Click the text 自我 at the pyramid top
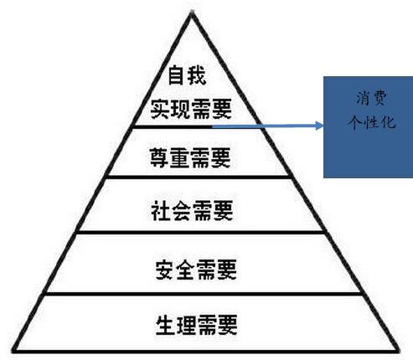tap(187, 75)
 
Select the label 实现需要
tap(191, 109)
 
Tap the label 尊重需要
tap(190, 157)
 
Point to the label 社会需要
tap(192, 210)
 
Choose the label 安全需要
tap(196, 270)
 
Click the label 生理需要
tap(197, 325)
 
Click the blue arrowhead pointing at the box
tap(319, 126)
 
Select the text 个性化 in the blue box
tap(372, 122)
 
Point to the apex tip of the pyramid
tap(192, 12)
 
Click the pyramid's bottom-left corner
tap(13, 350)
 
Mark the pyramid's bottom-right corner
tap(398, 350)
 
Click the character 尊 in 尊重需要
tap(159, 157)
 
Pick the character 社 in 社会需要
tap(161, 210)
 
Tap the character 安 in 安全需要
tap(165, 270)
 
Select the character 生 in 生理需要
tap(166, 325)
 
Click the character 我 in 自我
tap(197, 75)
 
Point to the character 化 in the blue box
tap(388, 122)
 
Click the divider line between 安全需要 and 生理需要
tap(203, 294)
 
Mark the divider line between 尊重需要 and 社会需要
tap(198, 177)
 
